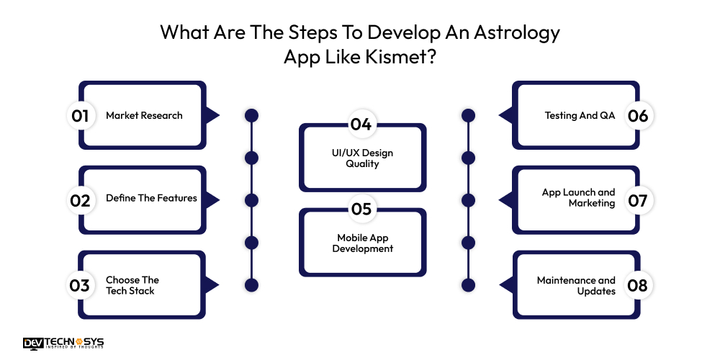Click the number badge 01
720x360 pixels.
[x=80, y=115]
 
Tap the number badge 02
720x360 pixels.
[x=80, y=200]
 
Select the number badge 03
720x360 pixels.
[x=80, y=285]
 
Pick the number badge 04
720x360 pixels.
[x=361, y=124]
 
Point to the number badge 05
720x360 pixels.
[x=361, y=209]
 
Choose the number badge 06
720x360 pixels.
[x=638, y=115]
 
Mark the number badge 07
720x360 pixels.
[x=638, y=200]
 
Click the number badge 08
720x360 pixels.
[x=638, y=285]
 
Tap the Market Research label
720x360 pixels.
[x=144, y=115]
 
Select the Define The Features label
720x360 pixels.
[x=151, y=198]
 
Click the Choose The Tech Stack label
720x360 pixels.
[x=132, y=285]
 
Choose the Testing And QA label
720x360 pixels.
[x=580, y=115]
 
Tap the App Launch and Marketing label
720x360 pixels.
[x=579, y=198]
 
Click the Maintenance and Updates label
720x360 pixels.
[x=576, y=285]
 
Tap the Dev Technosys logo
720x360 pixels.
[x=63, y=344]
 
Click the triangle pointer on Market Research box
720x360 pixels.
[x=211, y=115]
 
